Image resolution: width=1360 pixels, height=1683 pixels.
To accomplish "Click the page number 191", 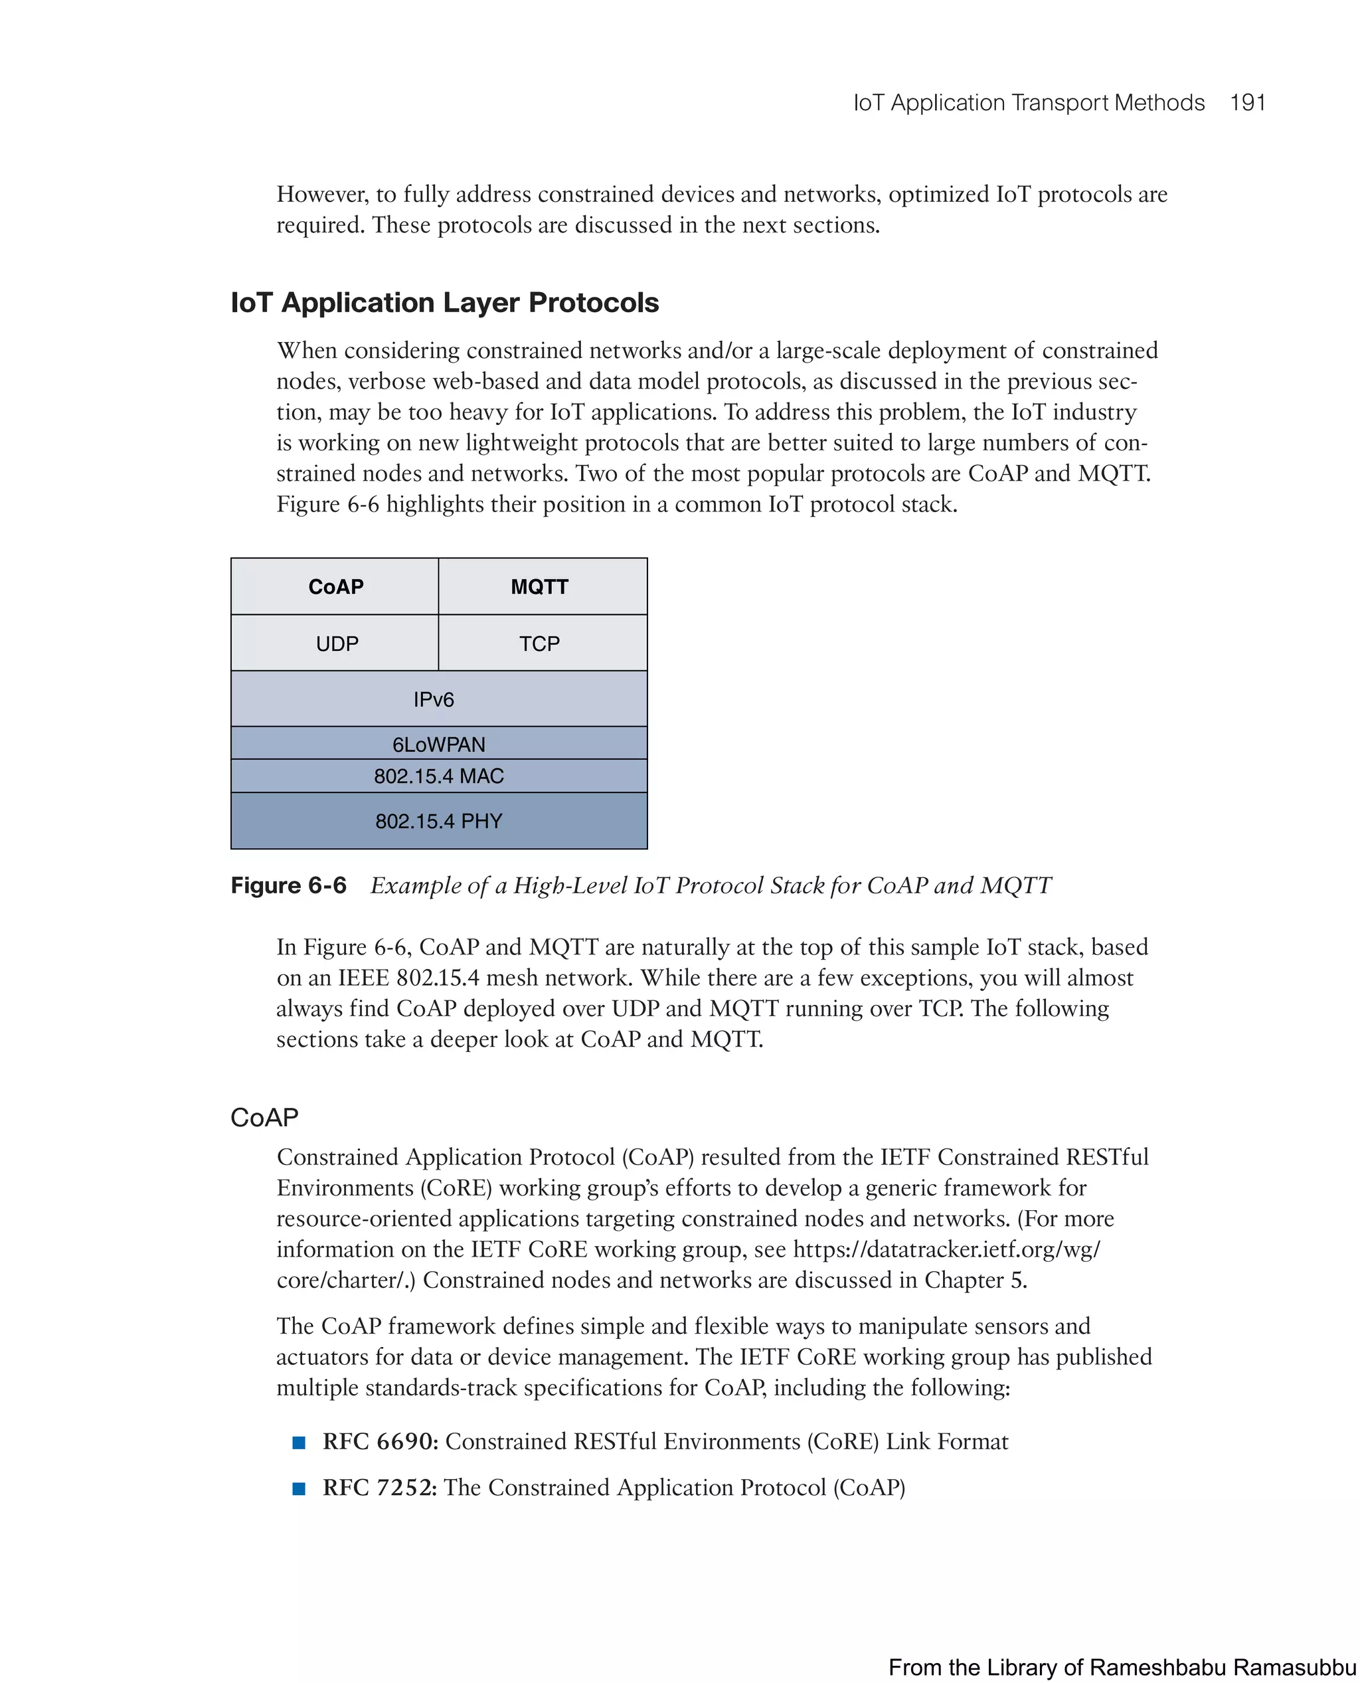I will [x=1247, y=103].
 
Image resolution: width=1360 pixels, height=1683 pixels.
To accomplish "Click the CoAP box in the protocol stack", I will [x=335, y=587].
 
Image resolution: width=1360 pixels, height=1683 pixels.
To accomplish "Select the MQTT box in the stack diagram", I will [x=540, y=587].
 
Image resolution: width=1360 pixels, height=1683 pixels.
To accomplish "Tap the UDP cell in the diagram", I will [x=337, y=644].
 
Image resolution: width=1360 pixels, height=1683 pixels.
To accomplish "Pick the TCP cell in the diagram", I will [x=540, y=644].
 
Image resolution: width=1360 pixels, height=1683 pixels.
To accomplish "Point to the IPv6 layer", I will [x=434, y=699].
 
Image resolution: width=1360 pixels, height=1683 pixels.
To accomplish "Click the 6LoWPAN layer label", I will [x=439, y=744].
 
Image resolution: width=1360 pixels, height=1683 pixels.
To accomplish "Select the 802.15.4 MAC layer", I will [x=439, y=776].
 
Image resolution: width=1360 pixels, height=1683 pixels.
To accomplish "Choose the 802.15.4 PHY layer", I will [x=439, y=820].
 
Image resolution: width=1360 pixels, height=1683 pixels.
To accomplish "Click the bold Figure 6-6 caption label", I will [x=288, y=885].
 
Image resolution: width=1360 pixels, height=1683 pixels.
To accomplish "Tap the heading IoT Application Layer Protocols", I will [x=444, y=302].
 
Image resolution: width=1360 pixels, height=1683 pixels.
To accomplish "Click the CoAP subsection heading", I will [x=264, y=1117].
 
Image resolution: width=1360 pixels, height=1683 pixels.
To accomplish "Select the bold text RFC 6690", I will [x=381, y=1442].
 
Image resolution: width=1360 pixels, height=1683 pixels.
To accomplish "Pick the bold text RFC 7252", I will [x=380, y=1487].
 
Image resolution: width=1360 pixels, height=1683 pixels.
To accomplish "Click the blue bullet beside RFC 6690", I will [x=298, y=1443].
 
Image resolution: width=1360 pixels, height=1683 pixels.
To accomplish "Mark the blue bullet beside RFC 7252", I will [x=298, y=1488].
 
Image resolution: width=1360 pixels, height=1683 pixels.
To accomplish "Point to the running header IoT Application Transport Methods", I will [x=1028, y=103].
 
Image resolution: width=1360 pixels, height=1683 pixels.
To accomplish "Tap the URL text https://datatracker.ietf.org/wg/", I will [x=946, y=1249].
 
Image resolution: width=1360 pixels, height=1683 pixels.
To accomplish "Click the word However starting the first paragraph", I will [x=322, y=195].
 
